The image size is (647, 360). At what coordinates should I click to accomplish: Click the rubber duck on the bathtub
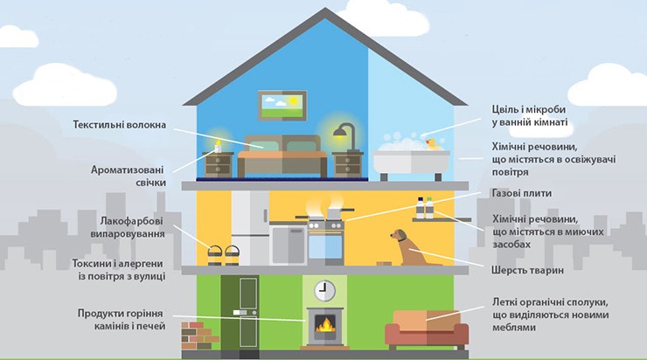430,142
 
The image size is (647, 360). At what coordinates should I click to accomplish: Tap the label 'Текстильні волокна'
120,125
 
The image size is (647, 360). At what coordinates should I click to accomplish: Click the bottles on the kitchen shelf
425,208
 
